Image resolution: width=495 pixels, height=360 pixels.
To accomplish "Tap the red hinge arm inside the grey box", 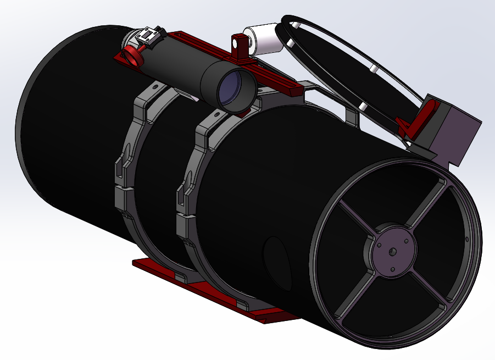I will tap(425, 118).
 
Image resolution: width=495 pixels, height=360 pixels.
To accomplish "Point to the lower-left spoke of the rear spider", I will tap(352, 297).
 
